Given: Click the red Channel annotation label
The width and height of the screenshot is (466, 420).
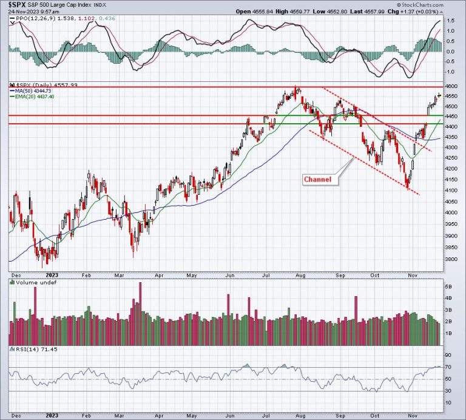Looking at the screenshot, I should coord(318,180).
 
